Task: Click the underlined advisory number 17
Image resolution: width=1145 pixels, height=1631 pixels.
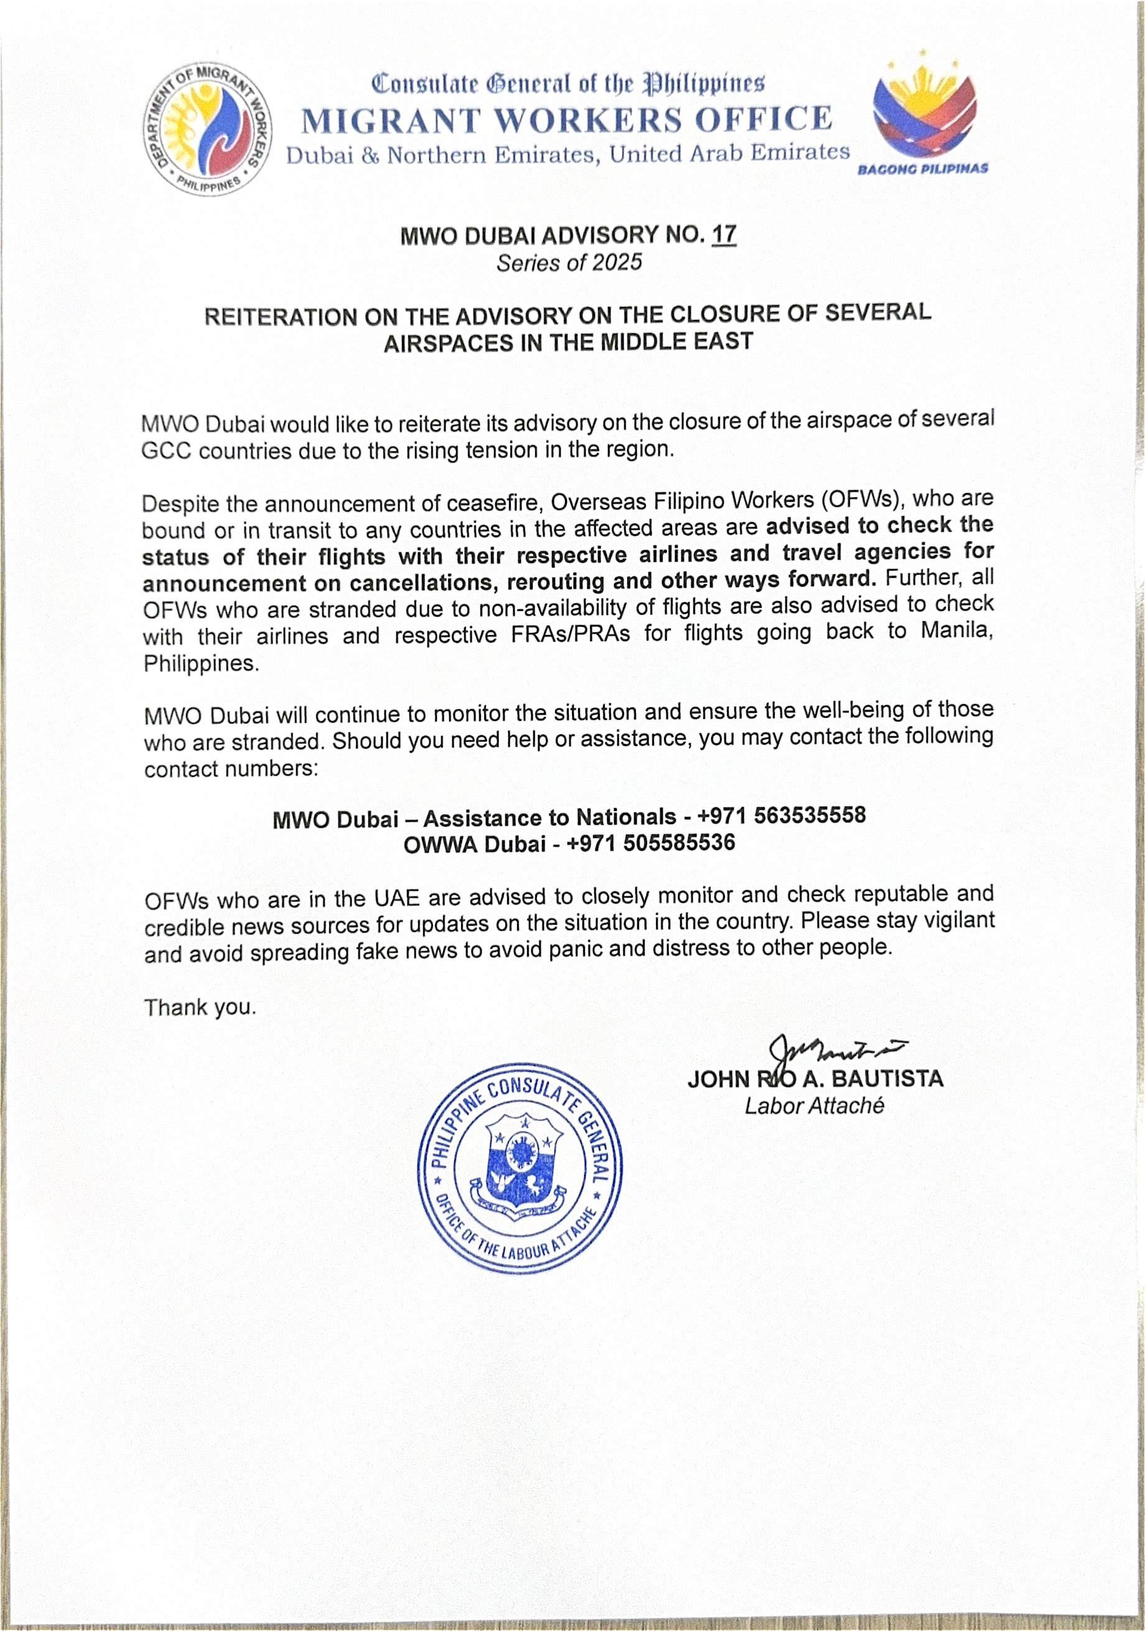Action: click(724, 235)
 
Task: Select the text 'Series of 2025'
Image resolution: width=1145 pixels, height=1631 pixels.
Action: click(569, 263)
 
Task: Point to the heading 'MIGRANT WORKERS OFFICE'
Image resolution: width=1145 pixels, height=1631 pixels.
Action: click(566, 119)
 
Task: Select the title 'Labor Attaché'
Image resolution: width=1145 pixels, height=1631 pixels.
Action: click(814, 1106)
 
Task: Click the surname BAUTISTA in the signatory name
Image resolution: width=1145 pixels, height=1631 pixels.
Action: click(887, 1079)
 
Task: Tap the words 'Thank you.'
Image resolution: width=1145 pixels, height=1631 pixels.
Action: click(200, 1007)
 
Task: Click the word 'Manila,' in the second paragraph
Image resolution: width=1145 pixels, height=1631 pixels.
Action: click(956, 629)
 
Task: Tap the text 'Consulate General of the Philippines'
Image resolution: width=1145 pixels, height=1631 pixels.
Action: click(568, 84)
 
